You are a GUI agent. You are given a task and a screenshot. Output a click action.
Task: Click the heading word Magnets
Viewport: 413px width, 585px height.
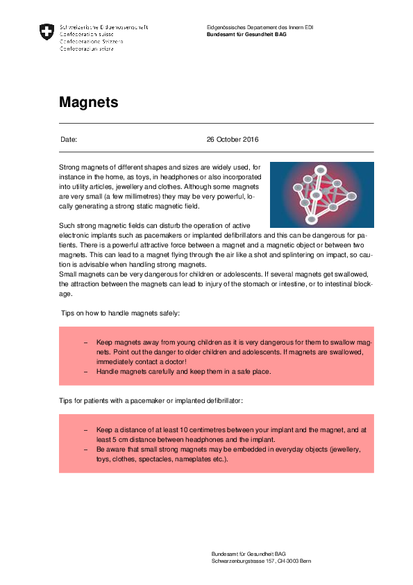88,102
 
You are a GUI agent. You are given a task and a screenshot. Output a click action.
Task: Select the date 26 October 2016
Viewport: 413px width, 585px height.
233,140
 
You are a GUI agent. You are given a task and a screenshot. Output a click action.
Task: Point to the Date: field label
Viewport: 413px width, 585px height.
69,140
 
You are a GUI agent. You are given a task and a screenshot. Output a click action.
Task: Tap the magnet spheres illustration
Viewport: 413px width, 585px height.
321,195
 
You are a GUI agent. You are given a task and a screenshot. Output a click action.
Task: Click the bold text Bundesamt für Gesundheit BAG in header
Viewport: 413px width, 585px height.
246,34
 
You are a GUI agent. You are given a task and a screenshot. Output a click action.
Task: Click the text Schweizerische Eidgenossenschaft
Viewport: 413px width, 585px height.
104,27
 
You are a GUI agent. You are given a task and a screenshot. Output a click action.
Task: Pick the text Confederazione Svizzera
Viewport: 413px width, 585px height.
92,42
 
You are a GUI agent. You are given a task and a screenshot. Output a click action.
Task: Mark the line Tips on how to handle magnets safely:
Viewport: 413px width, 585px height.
120,313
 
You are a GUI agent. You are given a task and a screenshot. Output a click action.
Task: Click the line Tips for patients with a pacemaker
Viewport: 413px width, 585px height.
151,402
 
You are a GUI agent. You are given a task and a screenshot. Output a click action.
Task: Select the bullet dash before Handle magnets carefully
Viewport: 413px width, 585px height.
85,372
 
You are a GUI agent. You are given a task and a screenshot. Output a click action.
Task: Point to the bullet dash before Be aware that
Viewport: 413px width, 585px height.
85,450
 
